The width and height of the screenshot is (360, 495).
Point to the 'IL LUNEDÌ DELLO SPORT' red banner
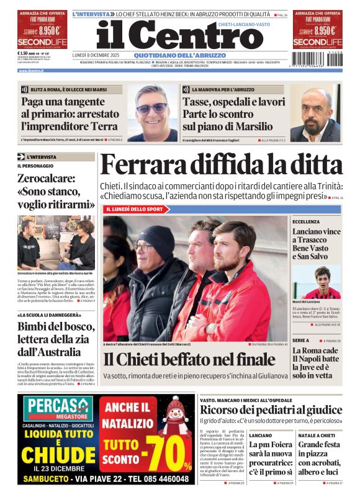[x=134, y=209]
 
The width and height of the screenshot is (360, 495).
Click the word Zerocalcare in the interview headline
[x=43, y=179]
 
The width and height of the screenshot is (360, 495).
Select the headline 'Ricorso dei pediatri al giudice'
[x=271, y=409]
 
